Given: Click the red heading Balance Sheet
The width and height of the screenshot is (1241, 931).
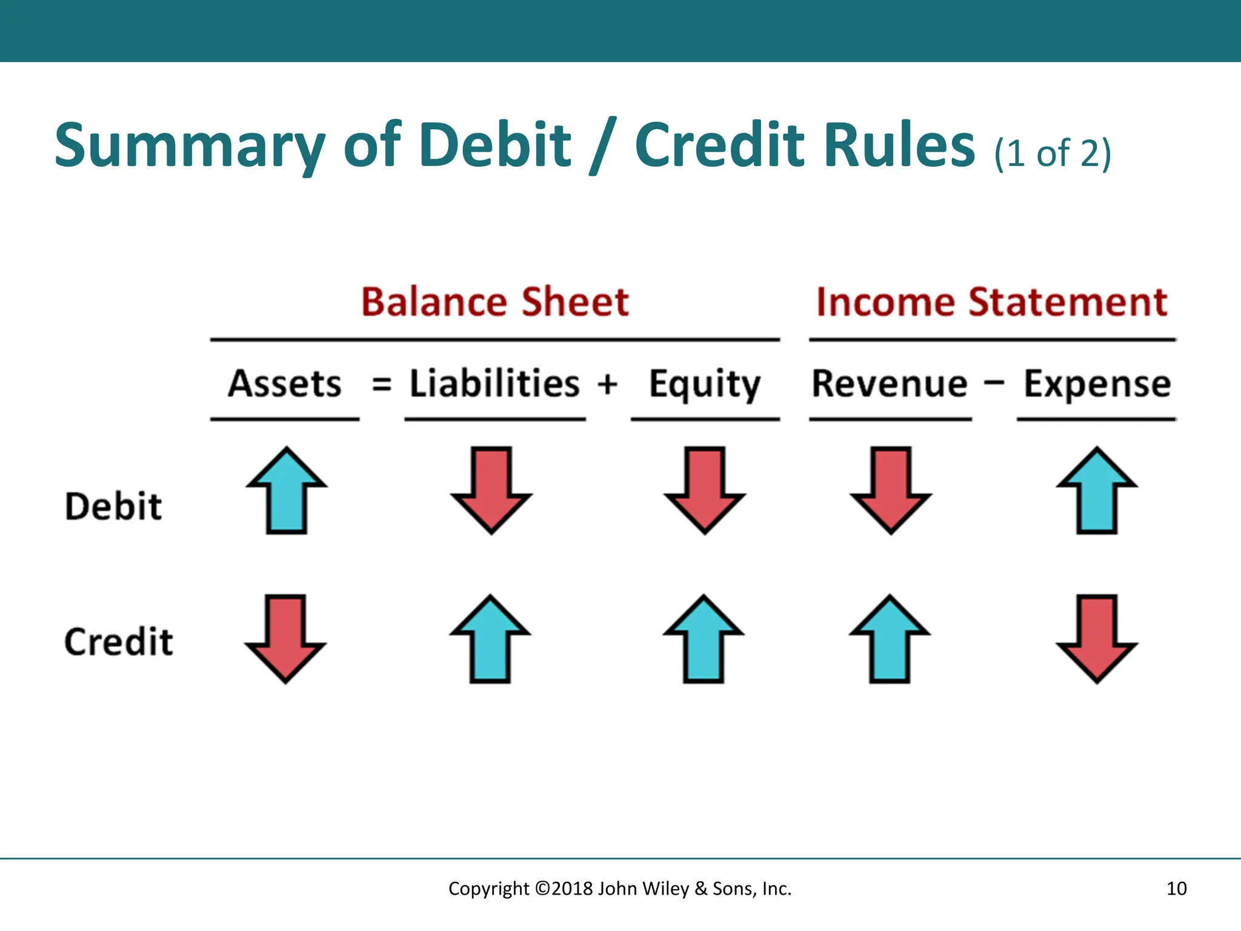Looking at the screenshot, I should tap(495, 302).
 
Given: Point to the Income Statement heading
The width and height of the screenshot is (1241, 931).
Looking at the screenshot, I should tap(992, 302).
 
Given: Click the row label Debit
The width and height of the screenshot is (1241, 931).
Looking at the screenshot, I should tap(113, 506).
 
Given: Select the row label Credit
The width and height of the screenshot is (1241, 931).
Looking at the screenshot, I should tap(119, 642).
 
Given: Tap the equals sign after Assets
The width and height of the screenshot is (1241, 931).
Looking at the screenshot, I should tap(382, 384).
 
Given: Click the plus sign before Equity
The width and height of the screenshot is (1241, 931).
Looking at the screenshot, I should tap(607, 384).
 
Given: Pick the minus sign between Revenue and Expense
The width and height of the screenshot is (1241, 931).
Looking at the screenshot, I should tap(994, 383).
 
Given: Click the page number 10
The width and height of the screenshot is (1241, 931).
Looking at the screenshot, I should tap(1176, 889).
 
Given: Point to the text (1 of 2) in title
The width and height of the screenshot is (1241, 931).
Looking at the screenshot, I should tap(1053, 153).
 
